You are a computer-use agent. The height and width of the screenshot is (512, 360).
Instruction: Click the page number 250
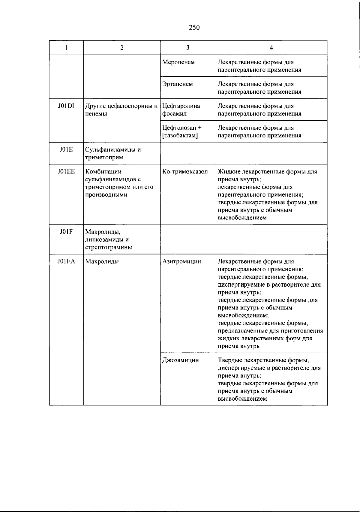pos(194,28)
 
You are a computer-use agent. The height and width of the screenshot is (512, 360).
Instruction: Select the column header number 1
pos(66,47)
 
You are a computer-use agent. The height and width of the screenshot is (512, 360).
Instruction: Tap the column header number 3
pos(188,47)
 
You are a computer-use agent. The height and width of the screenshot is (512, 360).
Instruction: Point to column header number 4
pos(271,47)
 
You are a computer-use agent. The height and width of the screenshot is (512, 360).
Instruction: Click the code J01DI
pos(66,106)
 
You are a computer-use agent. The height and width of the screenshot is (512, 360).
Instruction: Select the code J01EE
pos(66,172)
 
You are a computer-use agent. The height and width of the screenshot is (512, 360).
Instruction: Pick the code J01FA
pos(66,261)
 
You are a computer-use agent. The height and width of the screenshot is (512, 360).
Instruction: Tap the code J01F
pos(66,232)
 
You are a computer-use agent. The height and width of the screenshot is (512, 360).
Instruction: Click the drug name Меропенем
pos(178,62)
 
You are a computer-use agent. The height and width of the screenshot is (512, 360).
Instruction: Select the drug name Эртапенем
pos(177,84)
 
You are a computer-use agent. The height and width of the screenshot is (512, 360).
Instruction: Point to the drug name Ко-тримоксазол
pos(185,172)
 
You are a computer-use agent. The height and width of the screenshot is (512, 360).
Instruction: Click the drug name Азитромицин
pos(181,261)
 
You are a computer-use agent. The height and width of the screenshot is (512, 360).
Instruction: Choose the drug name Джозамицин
pos(180,360)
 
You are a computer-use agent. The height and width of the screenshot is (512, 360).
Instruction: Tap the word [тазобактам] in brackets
pos(180,136)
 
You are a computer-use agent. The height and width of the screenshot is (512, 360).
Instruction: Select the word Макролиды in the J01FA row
pos(102,261)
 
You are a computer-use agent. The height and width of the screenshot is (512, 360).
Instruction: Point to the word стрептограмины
pos(109,247)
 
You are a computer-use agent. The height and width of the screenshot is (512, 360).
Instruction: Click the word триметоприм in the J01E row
pos(104,157)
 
